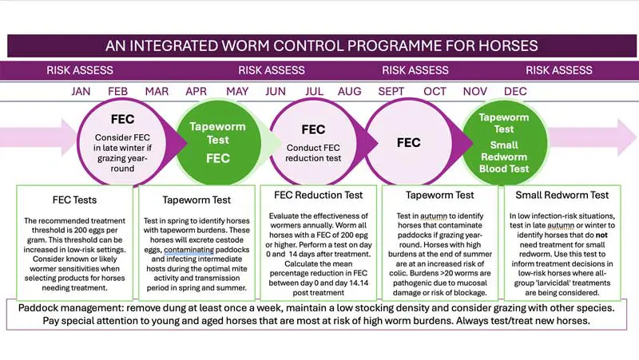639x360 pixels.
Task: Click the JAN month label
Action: pos(81,91)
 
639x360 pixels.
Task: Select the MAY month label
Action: pos(237,91)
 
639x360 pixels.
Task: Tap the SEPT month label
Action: pos(391,91)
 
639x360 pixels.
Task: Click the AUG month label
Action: pos(349,91)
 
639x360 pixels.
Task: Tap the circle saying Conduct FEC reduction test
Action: pos(313,144)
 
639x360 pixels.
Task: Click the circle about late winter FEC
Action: pos(118,144)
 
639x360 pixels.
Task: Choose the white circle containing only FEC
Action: pos(408,144)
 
